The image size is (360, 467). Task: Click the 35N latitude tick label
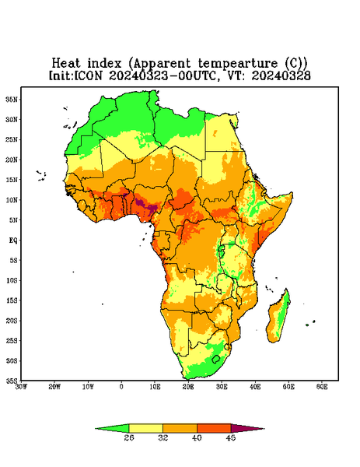click(x=12, y=100)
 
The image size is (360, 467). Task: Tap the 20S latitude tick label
click(x=12, y=321)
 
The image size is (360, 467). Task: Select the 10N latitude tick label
click(x=12, y=200)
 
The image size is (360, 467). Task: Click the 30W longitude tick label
click(x=21, y=387)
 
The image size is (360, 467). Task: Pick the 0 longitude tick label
click(x=121, y=387)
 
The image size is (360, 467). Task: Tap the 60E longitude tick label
click(x=322, y=387)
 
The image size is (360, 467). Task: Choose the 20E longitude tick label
click(x=188, y=387)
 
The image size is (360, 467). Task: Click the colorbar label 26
click(x=129, y=437)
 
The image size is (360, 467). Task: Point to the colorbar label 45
click(x=231, y=437)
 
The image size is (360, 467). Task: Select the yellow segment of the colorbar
click(x=145, y=428)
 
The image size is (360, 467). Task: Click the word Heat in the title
click(x=66, y=64)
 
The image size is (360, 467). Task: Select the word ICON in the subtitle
click(x=89, y=75)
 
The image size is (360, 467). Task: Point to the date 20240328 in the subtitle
click(x=281, y=75)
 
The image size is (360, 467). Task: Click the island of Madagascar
click(x=279, y=318)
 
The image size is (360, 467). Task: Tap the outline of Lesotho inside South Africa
click(x=216, y=359)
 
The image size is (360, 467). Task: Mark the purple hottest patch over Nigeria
click(x=145, y=205)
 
